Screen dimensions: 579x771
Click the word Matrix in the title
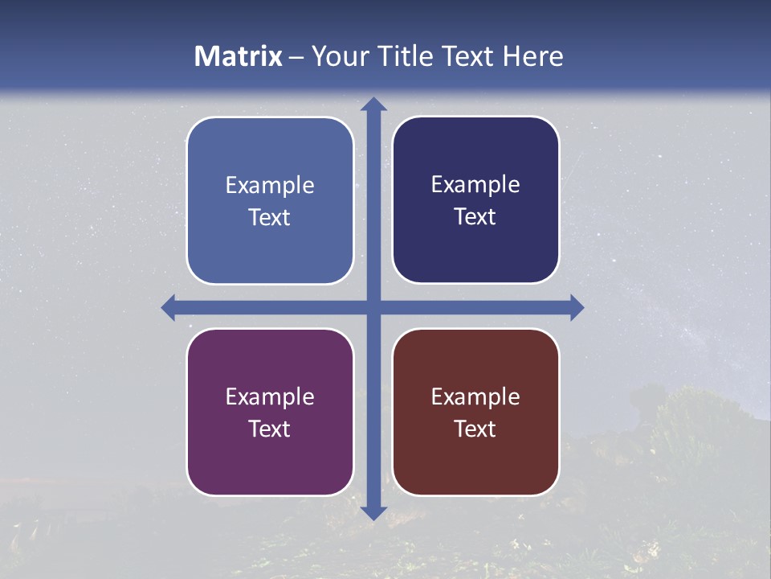(x=239, y=56)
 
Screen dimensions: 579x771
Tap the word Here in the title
(x=532, y=56)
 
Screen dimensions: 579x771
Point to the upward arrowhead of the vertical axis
(x=373, y=104)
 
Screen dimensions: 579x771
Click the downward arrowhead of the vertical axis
(x=373, y=512)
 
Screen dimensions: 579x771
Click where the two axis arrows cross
(x=373, y=307)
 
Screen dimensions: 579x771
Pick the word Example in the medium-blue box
(x=270, y=185)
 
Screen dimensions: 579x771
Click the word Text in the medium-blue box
(x=270, y=217)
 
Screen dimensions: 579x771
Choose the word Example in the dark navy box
(x=475, y=184)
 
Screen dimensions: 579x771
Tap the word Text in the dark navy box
(x=475, y=216)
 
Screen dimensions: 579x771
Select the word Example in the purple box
(x=270, y=396)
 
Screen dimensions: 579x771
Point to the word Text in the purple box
(x=270, y=429)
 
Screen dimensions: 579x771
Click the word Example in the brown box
(x=475, y=396)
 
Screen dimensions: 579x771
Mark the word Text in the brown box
(x=475, y=429)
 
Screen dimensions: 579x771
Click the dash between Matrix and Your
(x=296, y=57)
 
